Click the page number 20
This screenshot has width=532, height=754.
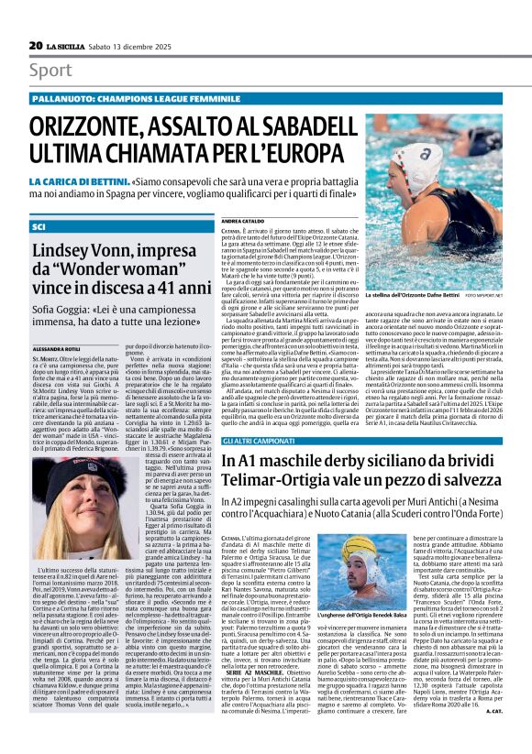click(36, 45)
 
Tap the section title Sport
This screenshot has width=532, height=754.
click(50, 71)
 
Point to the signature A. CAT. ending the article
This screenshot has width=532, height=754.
click(493, 736)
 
